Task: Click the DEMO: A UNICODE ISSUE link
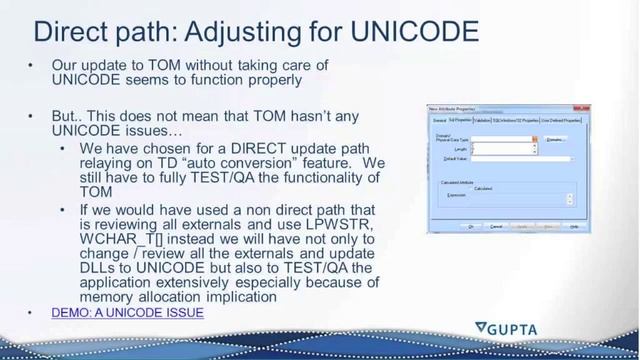tap(128, 313)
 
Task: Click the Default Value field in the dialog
tap(520, 158)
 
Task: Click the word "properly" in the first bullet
tap(272, 81)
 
